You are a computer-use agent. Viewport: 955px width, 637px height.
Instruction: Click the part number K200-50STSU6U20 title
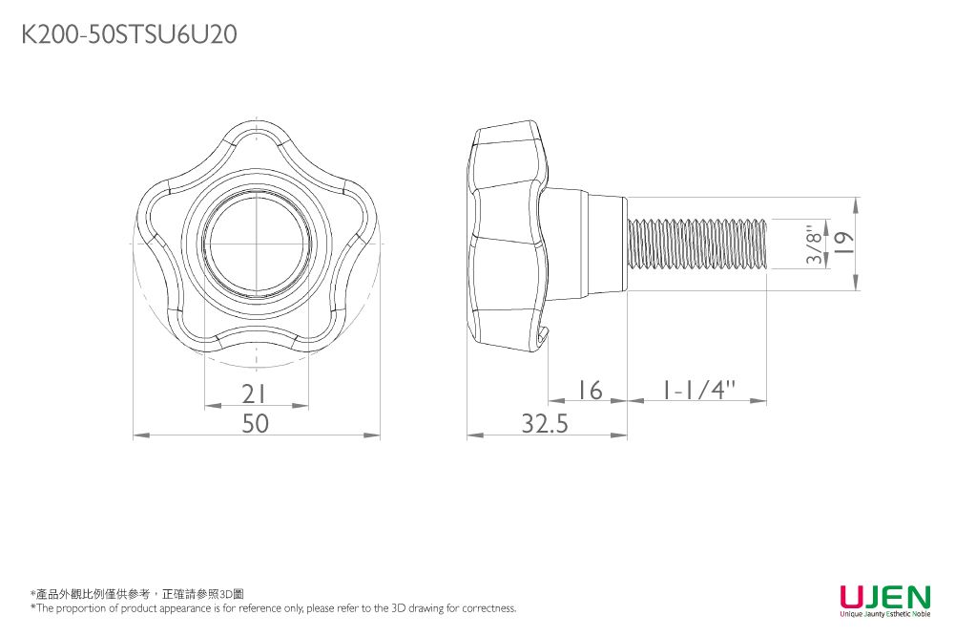[x=129, y=35]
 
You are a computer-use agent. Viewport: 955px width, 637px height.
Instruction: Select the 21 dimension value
[x=254, y=393]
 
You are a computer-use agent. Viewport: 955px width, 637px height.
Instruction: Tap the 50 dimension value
[x=255, y=423]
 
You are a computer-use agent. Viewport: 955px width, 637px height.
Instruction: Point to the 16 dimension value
[x=590, y=390]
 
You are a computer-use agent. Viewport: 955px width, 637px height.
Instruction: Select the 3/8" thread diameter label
[x=814, y=244]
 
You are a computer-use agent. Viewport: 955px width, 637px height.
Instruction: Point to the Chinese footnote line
[x=137, y=594]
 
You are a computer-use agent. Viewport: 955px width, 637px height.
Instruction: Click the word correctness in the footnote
[x=488, y=608]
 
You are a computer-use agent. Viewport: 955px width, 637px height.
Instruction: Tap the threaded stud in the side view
[x=697, y=244]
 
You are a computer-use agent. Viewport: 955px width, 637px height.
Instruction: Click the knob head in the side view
[x=508, y=239]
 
